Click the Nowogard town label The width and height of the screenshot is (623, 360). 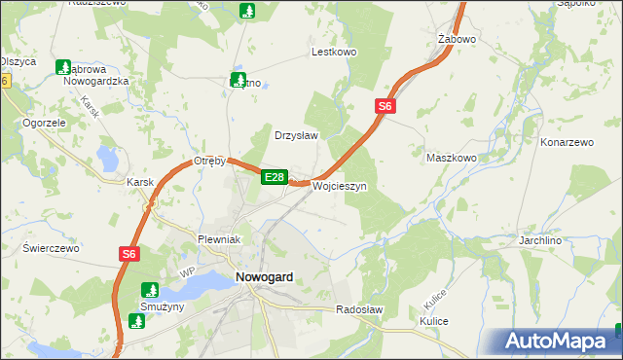[x=264, y=277]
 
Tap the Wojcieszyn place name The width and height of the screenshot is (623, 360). [x=338, y=186]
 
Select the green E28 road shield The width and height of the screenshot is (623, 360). [x=274, y=177]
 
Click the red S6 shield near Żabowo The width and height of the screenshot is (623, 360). [x=385, y=107]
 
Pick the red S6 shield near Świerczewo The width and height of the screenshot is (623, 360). [x=130, y=254]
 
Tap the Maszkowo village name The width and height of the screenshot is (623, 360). [x=451, y=157]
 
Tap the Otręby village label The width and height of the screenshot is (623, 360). [x=209, y=161]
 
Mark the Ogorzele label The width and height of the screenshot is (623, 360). [x=44, y=124]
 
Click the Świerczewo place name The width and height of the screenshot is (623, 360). [x=51, y=248]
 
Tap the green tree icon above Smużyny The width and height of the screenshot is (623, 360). [x=150, y=289]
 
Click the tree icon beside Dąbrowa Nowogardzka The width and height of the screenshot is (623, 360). [x=64, y=68]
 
